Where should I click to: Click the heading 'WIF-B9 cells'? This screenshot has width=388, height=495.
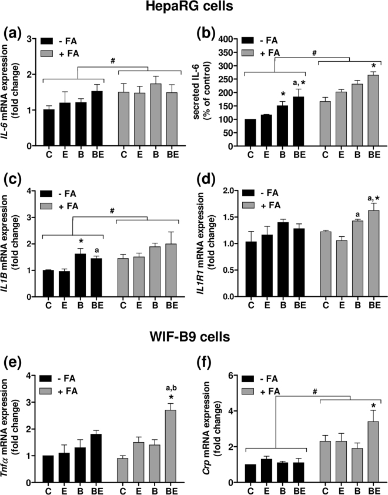193,337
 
